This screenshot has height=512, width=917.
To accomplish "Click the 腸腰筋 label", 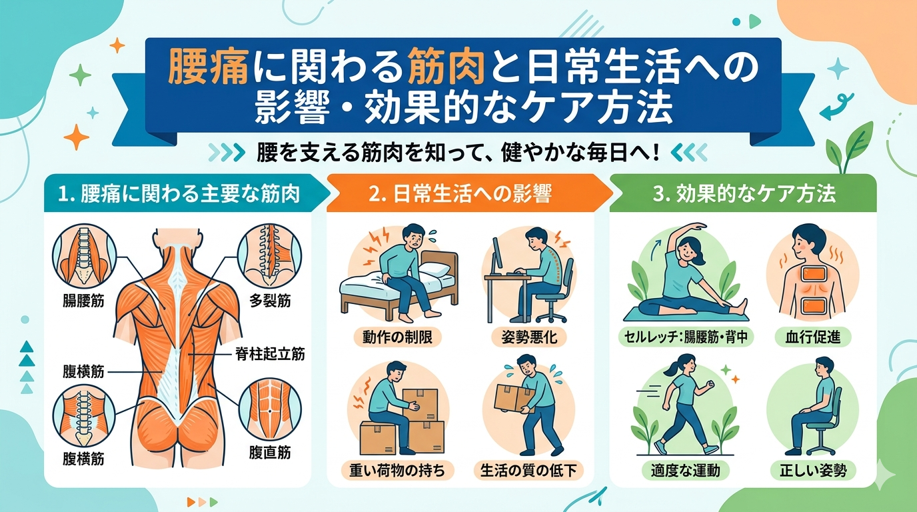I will click(x=79, y=301).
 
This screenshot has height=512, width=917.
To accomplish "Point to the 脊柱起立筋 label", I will click(x=270, y=354).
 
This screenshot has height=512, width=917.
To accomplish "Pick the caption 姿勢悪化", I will click(x=528, y=337).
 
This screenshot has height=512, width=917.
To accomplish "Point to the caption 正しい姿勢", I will click(x=817, y=470).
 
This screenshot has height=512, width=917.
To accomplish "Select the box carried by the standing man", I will click(x=511, y=399).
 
